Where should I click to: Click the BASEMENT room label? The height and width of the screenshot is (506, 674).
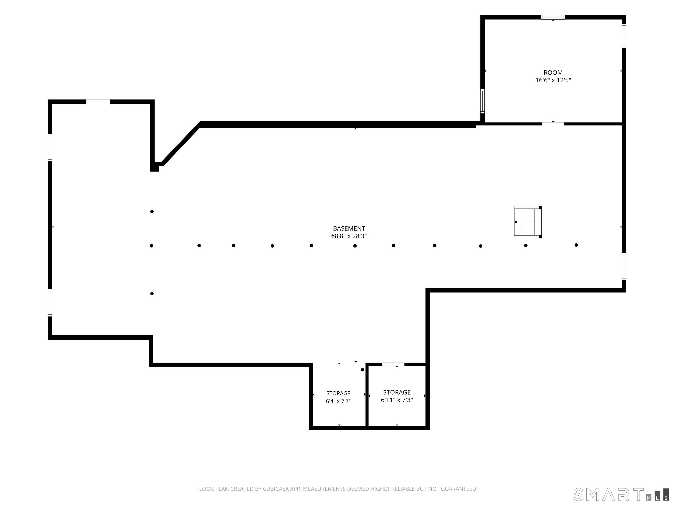(349, 228)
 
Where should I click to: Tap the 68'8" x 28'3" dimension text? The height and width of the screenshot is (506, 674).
(349, 236)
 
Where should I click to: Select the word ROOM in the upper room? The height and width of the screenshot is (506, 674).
(553, 73)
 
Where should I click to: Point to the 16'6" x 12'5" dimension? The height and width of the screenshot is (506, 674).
(553, 80)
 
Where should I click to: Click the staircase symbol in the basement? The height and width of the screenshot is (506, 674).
(528, 222)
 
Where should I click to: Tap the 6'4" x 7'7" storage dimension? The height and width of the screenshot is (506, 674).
(338, 401)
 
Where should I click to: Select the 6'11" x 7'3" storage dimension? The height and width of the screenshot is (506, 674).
(397, 400)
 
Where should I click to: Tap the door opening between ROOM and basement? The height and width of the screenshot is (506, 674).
(553, 124)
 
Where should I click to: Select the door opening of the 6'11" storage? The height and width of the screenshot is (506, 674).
(393, 364)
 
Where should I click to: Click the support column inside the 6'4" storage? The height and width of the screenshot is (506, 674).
(362, 370)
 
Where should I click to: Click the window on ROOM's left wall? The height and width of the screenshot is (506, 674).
(482, 101)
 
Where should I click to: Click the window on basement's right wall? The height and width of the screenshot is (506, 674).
(624, 267)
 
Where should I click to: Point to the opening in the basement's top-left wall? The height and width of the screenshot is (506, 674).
(98, 101)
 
